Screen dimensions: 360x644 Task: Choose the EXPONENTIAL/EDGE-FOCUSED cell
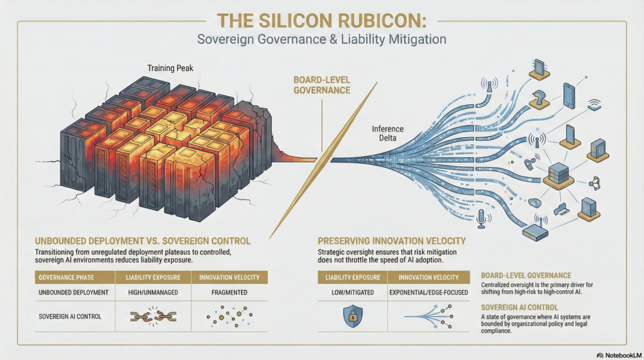pos(428,293)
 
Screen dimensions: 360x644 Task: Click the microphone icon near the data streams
pos(482,218)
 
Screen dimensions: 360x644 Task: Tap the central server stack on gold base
pos(558,173)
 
